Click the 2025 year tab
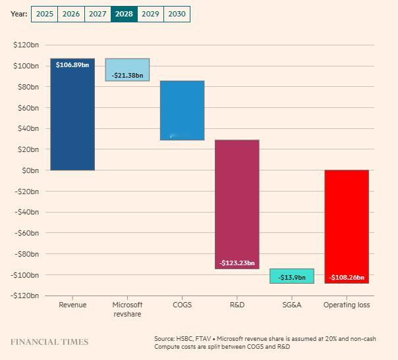tap(45, 14)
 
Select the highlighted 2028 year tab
tap(124, 14)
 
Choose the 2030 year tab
tap(177, 14)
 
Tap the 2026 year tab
tap(71, 14)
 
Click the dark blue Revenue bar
tap(72, 118)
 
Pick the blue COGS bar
tap(182, 110)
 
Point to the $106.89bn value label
tap(72, 65)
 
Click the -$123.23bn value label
tap(237, 263)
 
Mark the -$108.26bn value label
tap(346, 278)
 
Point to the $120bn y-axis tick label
tap(26, 45)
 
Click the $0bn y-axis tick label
tap(30, 170)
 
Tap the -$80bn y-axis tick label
tap(26, 254)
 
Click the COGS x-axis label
tap(182, 305)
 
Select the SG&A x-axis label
tap(291, 305)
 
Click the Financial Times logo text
tap(49, 342)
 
